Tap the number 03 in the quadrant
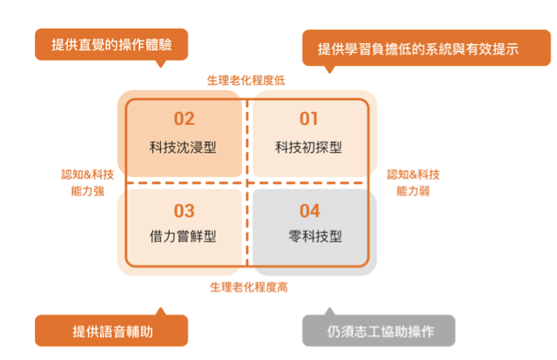183,211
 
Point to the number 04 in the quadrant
310,211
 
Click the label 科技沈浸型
183,146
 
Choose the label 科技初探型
308,146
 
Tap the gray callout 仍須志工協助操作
379,331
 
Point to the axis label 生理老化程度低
246,80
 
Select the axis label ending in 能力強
87,182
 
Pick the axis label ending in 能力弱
414,182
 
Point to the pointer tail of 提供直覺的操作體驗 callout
160,62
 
